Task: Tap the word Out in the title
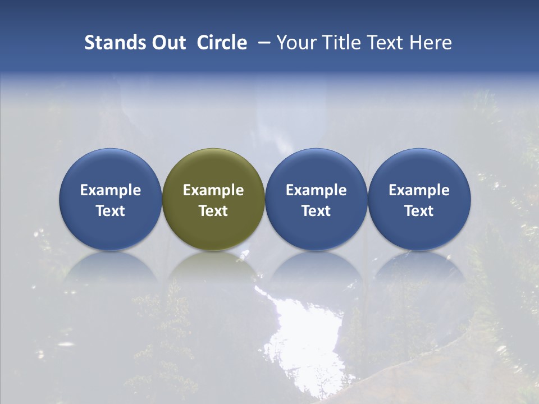(168, 43)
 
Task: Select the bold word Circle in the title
(222, 43)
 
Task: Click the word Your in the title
(295, 43)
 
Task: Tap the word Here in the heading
(432, 43)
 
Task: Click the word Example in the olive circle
(213, 190)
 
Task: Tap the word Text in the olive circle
(213, 211)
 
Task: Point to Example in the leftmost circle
(111, 190)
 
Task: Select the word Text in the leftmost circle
(111, 211)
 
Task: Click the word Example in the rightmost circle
(419, 190)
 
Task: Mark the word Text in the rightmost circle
(419, 211)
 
